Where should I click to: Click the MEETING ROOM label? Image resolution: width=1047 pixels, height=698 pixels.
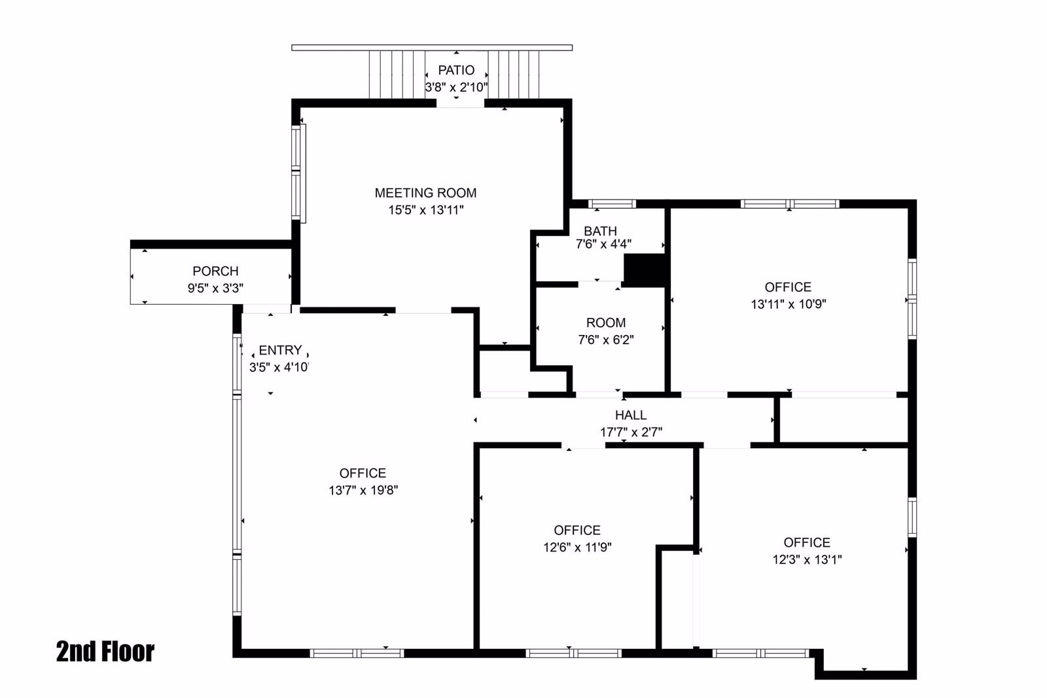[425, 193]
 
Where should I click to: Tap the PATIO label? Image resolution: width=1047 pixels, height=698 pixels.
[456, 70]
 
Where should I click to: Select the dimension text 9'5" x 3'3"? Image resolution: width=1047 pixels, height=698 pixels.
[215, 288]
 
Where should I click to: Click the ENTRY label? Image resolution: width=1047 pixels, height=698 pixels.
[280, 350]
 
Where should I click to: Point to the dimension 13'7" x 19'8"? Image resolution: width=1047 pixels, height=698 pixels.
[363, 490]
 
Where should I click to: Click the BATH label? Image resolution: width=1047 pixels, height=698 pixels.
[600, 231]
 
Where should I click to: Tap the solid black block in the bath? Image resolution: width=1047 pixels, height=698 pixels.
[644, 269]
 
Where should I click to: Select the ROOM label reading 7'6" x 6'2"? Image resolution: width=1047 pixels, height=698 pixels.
[606, 323]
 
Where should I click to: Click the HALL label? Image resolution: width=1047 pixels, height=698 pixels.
[631, 415]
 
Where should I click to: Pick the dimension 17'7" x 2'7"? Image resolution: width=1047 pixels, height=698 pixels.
[631, 432]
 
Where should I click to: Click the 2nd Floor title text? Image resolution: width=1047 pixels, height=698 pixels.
[105, 652]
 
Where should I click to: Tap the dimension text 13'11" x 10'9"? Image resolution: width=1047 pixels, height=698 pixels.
[788, 304]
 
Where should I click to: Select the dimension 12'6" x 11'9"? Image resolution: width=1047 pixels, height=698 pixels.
[577, 548]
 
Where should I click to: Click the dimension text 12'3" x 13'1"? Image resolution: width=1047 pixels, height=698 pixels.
[807, 559]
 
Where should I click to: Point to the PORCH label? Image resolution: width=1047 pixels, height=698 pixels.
[215, 271]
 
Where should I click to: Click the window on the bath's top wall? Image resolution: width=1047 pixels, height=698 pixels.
[612, 203]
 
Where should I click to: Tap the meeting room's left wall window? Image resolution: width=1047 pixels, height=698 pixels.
[298, 173]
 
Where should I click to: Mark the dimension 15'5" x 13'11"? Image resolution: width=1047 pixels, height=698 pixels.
[425, 210]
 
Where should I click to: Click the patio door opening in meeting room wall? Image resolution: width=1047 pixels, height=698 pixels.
[460, 103]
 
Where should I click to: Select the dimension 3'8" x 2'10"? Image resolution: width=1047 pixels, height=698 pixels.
[456, 87]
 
